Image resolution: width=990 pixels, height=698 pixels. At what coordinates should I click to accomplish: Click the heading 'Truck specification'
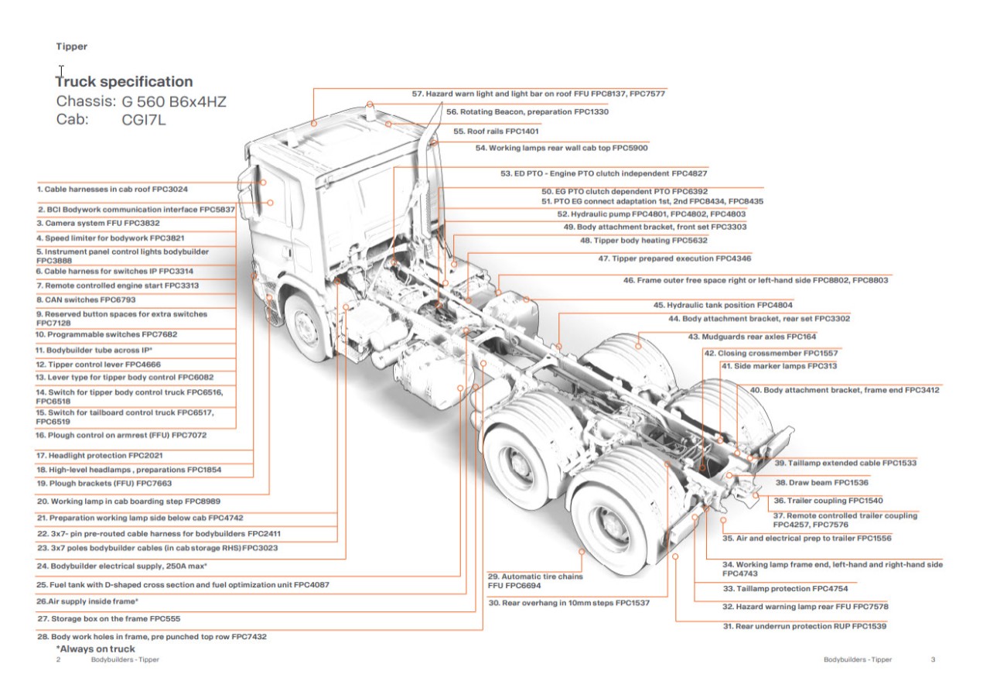click(125, 81)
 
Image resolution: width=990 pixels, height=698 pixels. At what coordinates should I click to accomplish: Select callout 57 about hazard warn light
click(538, 94)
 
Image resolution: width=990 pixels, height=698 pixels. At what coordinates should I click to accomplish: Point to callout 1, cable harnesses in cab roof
click(112, 189)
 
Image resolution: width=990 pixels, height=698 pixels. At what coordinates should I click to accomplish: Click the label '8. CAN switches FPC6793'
click(85, 299)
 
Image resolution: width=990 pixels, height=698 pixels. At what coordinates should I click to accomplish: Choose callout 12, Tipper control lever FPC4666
click(98, 364)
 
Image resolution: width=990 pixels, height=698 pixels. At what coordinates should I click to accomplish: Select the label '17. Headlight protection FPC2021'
click(99, 456)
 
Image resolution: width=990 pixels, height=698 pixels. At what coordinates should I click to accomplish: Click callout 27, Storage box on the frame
click(109, 619)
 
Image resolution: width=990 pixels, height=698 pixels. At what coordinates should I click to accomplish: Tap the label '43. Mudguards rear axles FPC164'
click(752, 337)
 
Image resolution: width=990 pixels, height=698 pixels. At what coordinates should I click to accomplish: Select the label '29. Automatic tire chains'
click(534, 577)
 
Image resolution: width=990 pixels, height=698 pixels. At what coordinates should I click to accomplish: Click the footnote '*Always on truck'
click(95, 648)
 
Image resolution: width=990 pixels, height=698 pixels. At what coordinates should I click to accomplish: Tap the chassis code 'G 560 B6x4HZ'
click(174, 101)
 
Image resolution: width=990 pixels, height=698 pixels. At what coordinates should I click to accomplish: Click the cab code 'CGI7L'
click(144, 120)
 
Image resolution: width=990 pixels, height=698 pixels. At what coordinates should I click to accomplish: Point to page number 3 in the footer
click(933, 660)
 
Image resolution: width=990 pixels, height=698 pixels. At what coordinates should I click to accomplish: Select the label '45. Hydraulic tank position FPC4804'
click(722, 306)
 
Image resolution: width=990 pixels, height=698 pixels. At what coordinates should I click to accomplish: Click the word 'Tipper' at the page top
click(71, 46)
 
